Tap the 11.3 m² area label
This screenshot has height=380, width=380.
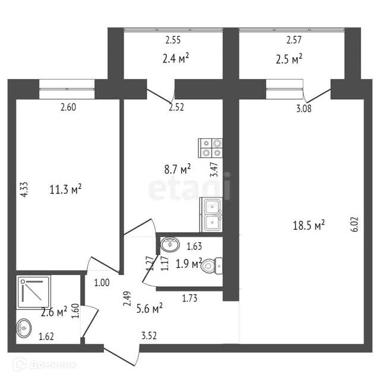pyautogui.click(x=65, y=190)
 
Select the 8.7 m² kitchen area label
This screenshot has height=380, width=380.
pyautogui.click(x=177, y=170)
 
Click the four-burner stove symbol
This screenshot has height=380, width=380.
pyautogui.click(x=211, y=147)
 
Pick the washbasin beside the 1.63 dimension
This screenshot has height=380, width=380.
pyautogui.click(x=170, y=243)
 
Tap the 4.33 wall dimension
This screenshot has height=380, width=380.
pyautogui.click(x=24, y=190)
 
